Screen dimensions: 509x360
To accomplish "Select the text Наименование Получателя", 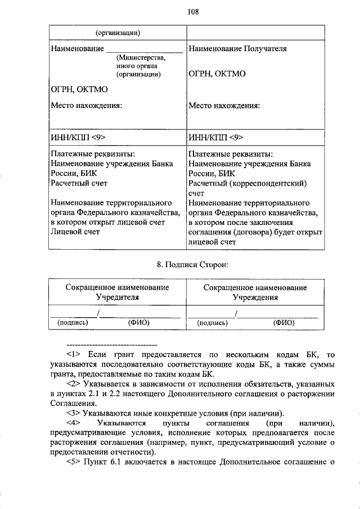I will [238, 49].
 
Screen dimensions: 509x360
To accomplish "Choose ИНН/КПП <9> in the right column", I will [216, 137].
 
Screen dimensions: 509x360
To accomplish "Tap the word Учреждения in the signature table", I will [255, 298].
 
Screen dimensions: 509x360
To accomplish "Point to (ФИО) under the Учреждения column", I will [284, 323].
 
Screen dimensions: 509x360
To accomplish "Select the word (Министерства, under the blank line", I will [141, 57].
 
